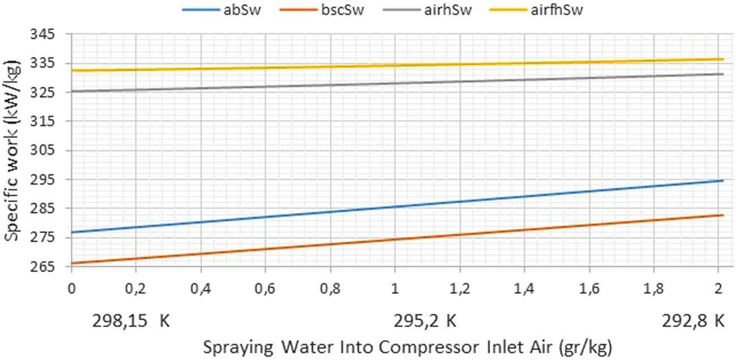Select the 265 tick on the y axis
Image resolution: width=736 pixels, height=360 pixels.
coord(49,266)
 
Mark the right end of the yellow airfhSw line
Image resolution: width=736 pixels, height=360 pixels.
coord(723,59)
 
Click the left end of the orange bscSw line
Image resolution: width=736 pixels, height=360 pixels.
coord(72,263)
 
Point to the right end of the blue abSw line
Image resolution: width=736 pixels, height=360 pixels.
coord(723,181)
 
